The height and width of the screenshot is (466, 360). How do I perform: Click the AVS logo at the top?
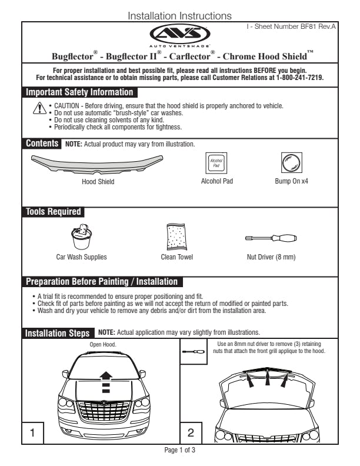179,33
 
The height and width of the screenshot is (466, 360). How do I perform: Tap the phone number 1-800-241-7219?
299,77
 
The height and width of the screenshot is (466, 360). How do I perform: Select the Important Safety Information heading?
79,92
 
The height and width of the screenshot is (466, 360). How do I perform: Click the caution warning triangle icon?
39,108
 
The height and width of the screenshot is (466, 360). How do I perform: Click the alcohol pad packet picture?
216,162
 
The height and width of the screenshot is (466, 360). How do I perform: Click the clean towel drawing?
176,238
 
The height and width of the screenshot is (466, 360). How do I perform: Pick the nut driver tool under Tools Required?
271,238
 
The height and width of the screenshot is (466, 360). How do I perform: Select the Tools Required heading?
53,212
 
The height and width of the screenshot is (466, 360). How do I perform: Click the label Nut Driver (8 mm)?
271,257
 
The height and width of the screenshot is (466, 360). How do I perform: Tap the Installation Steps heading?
58,334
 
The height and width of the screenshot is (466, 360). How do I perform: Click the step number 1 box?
33,433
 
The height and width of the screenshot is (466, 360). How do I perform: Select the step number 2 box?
191,433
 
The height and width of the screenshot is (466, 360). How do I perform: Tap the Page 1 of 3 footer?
179,450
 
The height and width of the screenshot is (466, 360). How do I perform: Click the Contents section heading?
42,144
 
